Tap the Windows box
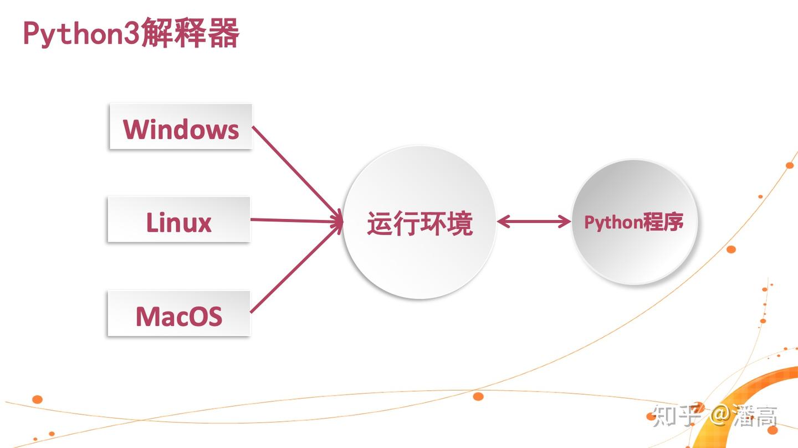(x=181, y=127)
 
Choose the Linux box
(x=178, y=220)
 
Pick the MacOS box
(x=178, y=314)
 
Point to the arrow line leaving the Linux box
(x=294, y=220)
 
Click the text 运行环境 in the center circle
(x=420, y=224)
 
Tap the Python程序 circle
(x=634, y=222)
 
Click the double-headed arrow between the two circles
(x=534, y=222)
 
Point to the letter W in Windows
(x=136, y=129)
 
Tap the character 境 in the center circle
(x=460, y=224)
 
